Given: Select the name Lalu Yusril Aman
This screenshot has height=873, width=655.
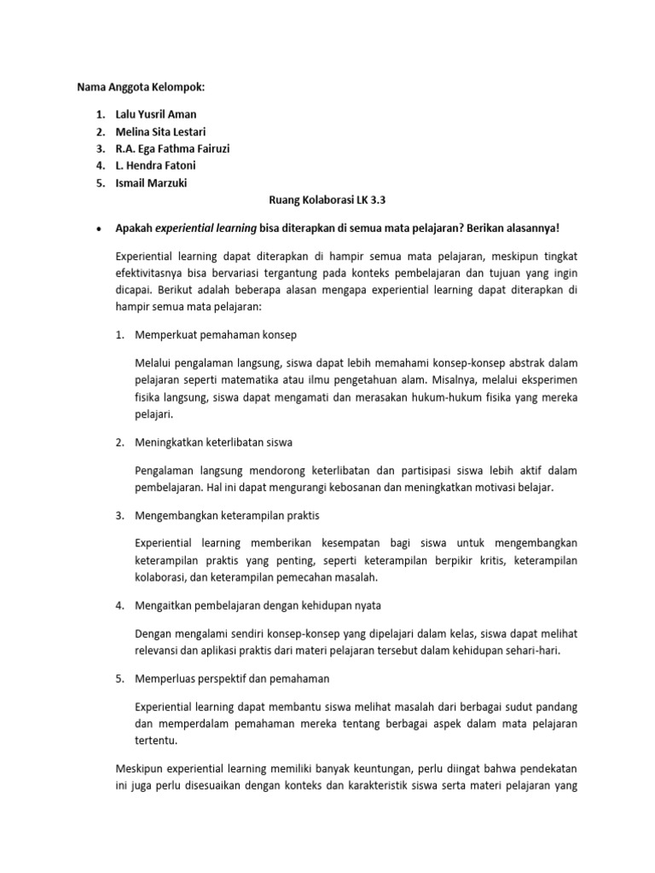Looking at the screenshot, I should (x=160, y=114).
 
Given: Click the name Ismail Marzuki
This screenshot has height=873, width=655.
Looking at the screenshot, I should (x=154, y=182).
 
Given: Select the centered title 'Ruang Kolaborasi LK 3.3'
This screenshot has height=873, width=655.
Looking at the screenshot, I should (x=327, y=199).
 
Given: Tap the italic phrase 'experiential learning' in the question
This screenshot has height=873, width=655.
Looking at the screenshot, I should (x=203, y=228).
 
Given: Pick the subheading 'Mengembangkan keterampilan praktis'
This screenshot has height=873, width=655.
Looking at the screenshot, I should (x=228, y=516).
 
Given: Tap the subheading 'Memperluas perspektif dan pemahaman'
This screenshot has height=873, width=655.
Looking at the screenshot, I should (x=232, y=679).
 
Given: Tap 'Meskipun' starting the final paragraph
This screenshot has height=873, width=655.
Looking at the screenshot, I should (x=138, y=768).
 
